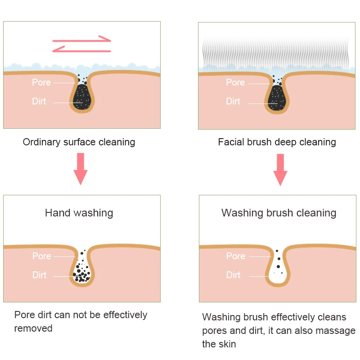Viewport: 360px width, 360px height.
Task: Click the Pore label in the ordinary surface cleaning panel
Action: pyautogui.click(x=41, y=82)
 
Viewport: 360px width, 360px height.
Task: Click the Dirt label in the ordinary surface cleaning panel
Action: pyautogui.click(x=39, y=101)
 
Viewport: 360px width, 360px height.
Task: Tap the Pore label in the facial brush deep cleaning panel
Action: pyautogui.click(x=235, y=82)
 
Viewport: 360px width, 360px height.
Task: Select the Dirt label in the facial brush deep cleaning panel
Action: pyautogui.click(x=233, y=101)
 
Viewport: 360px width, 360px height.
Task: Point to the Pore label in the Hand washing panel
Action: pyautogui.click(x=41, y=256)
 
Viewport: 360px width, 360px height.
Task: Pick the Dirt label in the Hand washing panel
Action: pyautogui.click(x=39, y=275)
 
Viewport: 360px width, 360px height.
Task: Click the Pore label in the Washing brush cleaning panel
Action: pyautogui.click(x=235, y=256)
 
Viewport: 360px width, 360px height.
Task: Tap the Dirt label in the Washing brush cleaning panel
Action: pyautogui.click(x=233, y=275)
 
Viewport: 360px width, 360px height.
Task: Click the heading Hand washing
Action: pyautogui.click(x=79, y=213)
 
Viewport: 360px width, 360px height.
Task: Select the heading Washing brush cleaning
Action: pyautogui.click(x=279, y=213)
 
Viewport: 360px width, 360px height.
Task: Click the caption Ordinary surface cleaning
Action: pyautogui.click(x=79, y=142)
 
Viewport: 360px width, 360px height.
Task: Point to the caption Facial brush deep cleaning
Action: pyautogui.click(x=277, y=142)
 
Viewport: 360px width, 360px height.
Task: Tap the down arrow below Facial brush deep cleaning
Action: pyautogui.click(x=280, y=169)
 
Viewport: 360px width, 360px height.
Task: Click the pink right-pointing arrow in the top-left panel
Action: pyautogui.click(x=83, y=39)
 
